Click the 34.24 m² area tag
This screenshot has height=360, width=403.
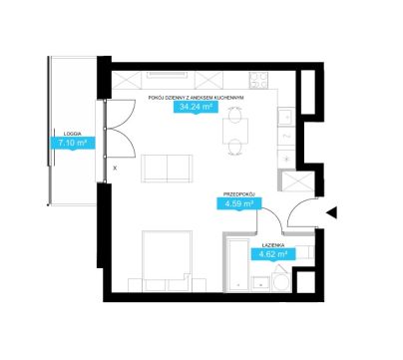click(197, 107)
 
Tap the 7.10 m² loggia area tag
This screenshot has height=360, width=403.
click(73, 144)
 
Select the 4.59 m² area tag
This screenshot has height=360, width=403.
click(239, 203)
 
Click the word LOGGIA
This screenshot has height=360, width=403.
click(73, 134)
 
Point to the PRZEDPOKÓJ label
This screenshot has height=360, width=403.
click(239, 194)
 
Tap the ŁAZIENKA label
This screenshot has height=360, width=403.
click(273, 245)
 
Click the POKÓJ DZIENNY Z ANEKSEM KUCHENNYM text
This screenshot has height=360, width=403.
click(197, 98)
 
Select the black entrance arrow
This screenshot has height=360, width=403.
click(331, 213)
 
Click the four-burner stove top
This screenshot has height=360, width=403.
click(258, 80)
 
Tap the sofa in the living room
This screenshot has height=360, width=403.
click(167, 169)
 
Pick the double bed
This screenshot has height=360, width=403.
click(167, 261)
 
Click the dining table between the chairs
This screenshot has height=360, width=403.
click(235, 131)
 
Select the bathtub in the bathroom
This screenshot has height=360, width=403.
click(237, 264)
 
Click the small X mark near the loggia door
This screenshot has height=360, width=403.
click(115, 169)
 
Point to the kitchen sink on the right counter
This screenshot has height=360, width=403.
click(285, 116)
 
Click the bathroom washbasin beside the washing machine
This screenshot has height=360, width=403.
click(261, 284)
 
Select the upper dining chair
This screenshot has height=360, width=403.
click(235, 114)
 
